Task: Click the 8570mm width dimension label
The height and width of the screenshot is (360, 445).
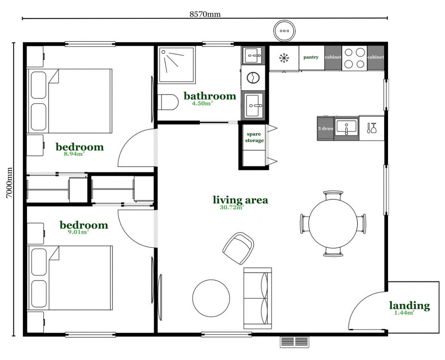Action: (205, 14)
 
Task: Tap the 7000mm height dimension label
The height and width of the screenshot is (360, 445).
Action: (9, 182)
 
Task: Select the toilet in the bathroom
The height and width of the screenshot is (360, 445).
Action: (168, 102)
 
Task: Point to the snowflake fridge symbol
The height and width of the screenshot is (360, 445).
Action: (284, 58)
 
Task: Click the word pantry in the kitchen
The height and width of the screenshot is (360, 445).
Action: (311, 57)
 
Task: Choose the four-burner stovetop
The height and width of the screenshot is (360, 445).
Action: (355, 58)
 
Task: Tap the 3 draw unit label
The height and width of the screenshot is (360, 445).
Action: (325, 129)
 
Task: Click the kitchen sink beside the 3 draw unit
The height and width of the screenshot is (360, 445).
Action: (346, 128)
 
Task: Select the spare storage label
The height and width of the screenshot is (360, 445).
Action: (254, 137)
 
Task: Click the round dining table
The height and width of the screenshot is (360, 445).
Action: (333, 224)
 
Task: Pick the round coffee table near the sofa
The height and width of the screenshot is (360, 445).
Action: (211, 298)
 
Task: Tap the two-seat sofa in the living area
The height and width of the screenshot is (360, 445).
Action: (258, 298)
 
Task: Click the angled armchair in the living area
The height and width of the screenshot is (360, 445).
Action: (238, 248)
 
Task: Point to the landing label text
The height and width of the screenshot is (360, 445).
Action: (409, 306)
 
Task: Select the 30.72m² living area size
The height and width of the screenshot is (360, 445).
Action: (232, 207)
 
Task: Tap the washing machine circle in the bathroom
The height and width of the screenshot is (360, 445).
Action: (253, 77)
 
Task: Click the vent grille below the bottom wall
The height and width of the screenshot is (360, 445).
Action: (295, 342)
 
